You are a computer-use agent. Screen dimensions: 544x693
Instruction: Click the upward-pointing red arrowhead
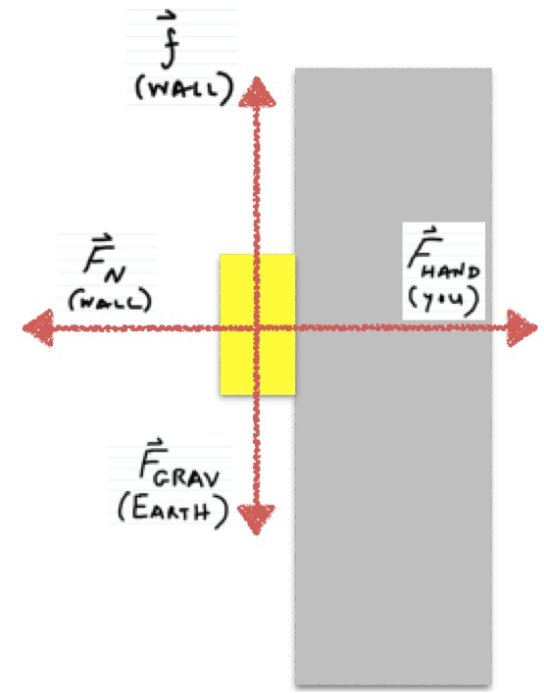click(x=257, y=93)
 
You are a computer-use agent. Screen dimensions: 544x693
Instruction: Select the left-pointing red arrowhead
click(x=39, y=328)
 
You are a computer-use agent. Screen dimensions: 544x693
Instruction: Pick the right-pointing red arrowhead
click(x=521, y=328)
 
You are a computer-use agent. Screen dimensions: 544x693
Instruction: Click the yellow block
click(x=258, y=324)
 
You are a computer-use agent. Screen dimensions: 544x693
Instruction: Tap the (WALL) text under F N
click(x=110, y=301)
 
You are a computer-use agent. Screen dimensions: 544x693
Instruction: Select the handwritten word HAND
click(x=450, y=271)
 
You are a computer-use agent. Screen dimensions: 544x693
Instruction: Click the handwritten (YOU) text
click(x=443, y=301)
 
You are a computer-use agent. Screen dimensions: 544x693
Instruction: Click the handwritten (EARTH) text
click(x=173, y=512)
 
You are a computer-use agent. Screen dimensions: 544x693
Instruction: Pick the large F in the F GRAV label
click(x=153, y=460)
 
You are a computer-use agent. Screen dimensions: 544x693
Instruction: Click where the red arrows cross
click(x=256, y=327)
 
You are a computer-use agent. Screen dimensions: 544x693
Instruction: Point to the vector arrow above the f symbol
click(x=167, y=18)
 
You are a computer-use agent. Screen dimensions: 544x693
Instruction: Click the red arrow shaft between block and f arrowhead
click(x=256, y=180)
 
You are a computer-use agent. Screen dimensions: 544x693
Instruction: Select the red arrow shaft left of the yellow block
click(x=137, y=328)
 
